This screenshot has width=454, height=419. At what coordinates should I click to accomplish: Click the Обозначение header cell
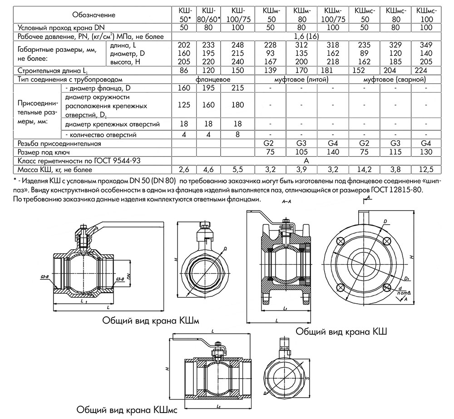point(94,15)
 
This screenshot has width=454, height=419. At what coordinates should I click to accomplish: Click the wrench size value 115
point(395,152)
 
